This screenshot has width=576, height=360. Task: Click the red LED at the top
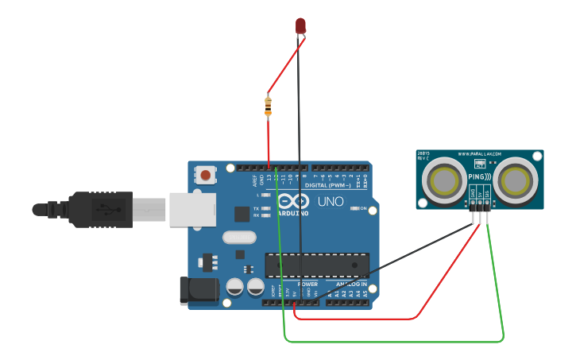(x=300, y=25)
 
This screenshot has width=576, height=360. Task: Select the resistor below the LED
(x=268, y=106)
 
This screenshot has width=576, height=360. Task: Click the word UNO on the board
(x=331, y=202)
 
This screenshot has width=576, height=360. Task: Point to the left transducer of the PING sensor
(x=445, y=180)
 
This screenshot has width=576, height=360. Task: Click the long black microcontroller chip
(x=317, y=265)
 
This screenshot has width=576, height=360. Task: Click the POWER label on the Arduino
(x=307, y=284)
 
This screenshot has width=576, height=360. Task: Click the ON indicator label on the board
(x=362, y=209)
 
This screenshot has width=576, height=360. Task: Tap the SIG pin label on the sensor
(x=487, y=193)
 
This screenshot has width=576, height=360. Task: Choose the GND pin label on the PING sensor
(x=472, y=193)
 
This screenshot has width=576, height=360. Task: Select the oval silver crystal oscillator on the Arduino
(x=239, y=237)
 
